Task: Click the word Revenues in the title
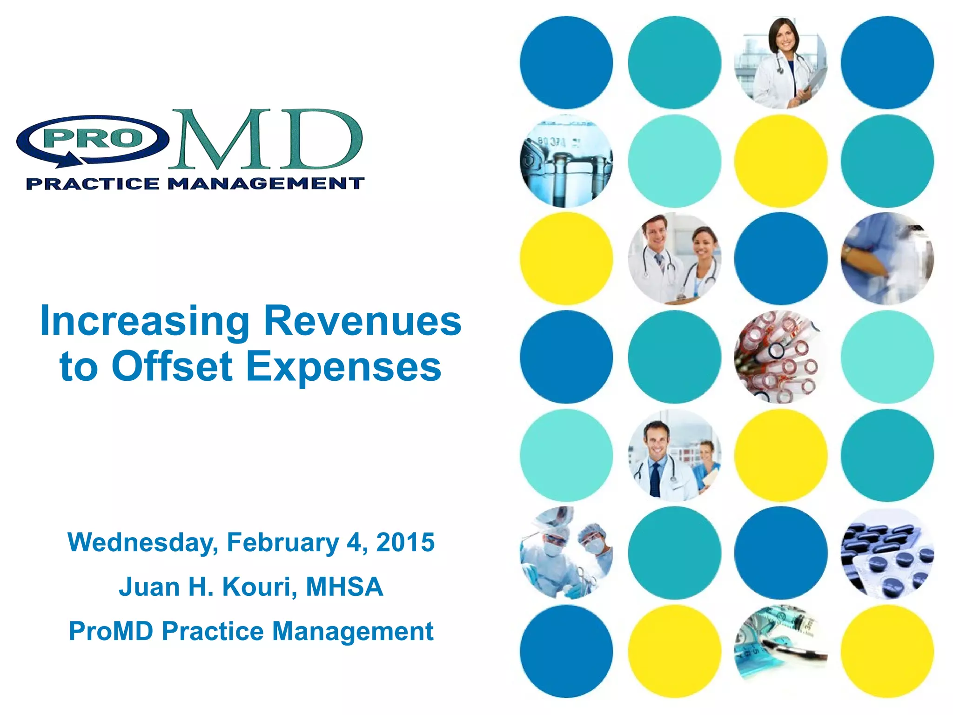coord(362,321)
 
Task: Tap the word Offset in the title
coord(172,367)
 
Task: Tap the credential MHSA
coord(344,587)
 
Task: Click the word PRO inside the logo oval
coord(93,138)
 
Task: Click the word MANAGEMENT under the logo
coord(266,183)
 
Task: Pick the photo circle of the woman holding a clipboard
coord(781,63)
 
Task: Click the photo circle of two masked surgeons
coord(566,553)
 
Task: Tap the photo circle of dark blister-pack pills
coord(887,553)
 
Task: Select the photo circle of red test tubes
coord(781,357)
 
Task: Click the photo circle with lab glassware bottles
coord(566,161)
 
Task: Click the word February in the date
coord(283,543)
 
